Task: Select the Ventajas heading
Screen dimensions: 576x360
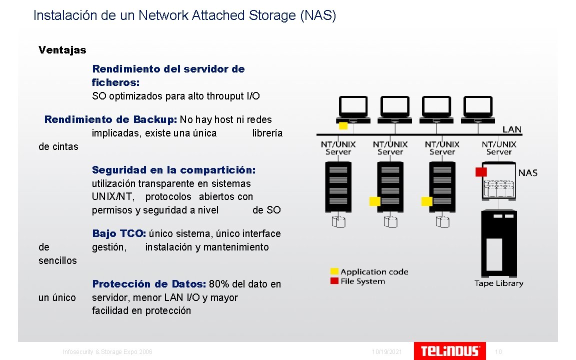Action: [x=62, y=50]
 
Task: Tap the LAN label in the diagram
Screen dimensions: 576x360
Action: [x=511, y=129]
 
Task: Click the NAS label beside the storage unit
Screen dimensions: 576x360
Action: [x=528, y=173]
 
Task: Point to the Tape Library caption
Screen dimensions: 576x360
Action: [x=498, y=283]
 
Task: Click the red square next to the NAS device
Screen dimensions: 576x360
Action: [x=481, y=172]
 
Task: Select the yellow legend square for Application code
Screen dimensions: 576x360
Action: [x=334, y=271]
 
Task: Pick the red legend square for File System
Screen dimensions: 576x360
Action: [x=334, y=281]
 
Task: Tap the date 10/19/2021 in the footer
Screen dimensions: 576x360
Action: [x=387, y=352]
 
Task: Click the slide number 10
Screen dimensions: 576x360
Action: [x=498, y=352]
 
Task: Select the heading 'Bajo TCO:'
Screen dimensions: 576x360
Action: [x=119, y=233]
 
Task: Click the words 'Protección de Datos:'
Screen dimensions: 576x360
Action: [x=148, y=284]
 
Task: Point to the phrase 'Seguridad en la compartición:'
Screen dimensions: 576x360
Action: [x=173, y=170]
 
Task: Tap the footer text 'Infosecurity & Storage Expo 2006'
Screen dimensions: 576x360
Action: [x=107, y=352]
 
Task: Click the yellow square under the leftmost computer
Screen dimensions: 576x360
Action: [x=343, y=125]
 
